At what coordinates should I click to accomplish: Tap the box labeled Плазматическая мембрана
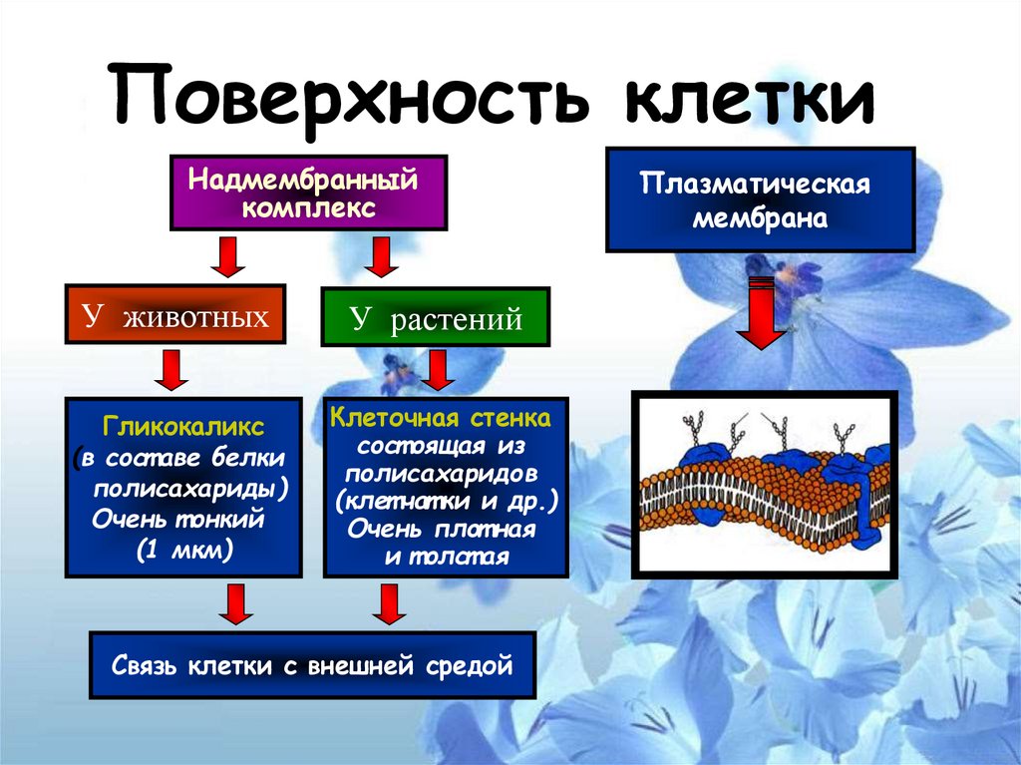point(760,199)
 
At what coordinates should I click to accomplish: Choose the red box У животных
point(175,318)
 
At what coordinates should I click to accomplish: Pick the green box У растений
point(435,318)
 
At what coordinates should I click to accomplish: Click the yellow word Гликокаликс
point(183,427)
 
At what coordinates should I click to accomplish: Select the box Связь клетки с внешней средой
point(312,664)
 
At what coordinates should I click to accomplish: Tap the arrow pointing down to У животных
point(227,256)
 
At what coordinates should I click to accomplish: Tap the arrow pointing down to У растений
point(380,258)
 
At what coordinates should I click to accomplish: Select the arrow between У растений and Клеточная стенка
point(436,371)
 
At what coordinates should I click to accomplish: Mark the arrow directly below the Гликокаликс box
point(236,604)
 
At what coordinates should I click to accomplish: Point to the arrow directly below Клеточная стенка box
point(388,604)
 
